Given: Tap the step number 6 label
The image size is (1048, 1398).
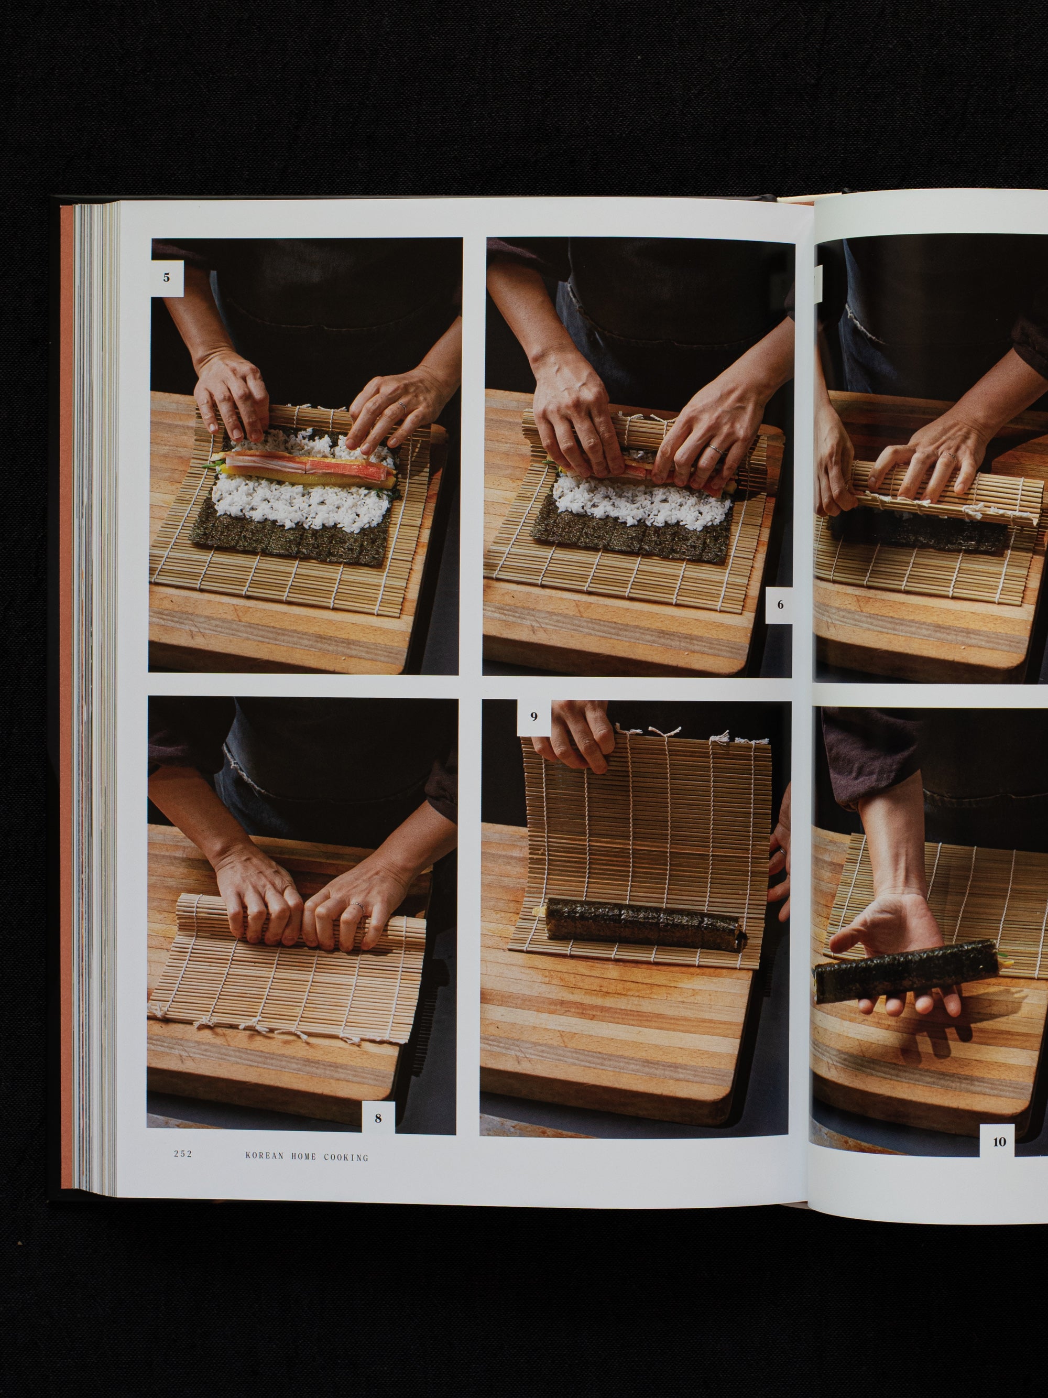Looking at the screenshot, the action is (x=780, y=605).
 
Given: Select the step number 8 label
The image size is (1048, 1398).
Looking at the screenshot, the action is (x=378, y=1118).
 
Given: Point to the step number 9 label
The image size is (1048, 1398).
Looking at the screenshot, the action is (x=534, y=717).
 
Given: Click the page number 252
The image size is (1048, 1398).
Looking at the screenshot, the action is (x=183, y=1154).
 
